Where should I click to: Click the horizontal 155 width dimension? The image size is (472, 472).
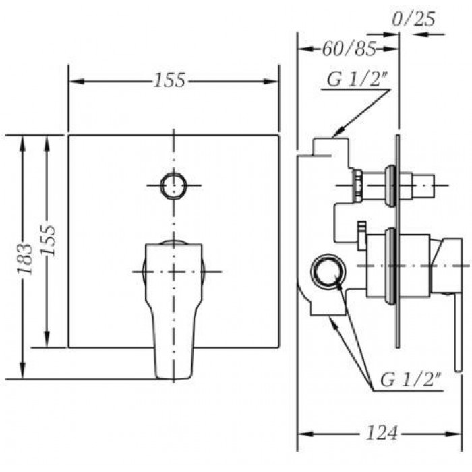click(x=169, y=81)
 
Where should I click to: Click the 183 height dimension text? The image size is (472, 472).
click(x=24, y=259)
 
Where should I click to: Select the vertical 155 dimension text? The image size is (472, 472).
click(x=48, y=240)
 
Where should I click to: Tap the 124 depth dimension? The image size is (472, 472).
click(x=382, y=434)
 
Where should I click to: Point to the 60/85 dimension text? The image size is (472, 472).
click(x=349, y=49)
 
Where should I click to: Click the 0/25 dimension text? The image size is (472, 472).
click(x=414, y=20)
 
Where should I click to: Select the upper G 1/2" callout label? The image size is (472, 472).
click(x=357, y=80)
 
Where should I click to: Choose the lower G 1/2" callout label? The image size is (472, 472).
click(x=410, y=380)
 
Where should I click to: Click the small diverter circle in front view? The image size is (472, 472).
click(x=174, y=185)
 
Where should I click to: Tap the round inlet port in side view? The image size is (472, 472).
click(x=328, y=270)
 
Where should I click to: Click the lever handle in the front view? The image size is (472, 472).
click(x=174, y=310)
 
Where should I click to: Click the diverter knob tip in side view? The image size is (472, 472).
click(x=423, y=186)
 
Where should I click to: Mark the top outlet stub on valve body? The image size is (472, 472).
click(x=331, y=147)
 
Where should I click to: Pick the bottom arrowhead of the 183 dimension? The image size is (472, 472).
click(x=22, y=370)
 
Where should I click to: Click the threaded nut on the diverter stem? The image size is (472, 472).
click(x=357, y=186)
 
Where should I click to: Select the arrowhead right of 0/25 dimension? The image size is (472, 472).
click(x=421, y=34)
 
